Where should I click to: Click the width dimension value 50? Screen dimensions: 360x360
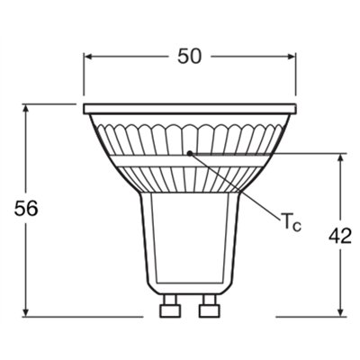pyautogui.click(x=189, y=56)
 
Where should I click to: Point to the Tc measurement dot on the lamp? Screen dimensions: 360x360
pyautogui.click(x=188, y=153)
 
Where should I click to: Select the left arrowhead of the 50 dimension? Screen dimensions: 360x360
pyautogui.click(x=89, y=56)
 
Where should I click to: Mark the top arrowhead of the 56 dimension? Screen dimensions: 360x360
pyautogui.click(x=27, y=108)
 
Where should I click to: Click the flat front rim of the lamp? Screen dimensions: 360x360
pyautogui.click(x=189, y=109)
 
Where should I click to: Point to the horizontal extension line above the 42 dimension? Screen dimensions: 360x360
pyautogui.click(x=297, y=154)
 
